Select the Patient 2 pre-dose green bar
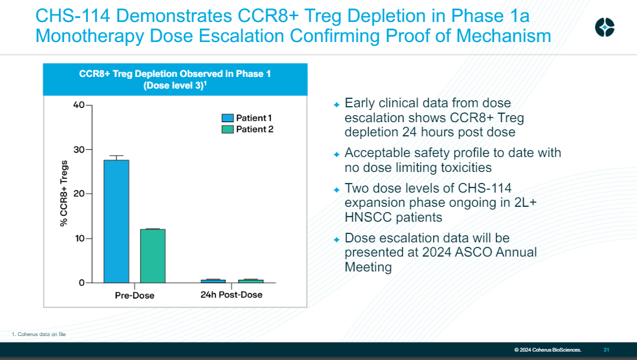coord(153,256)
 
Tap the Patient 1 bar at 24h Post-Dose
coord(213,281)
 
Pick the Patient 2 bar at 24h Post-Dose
coord(250,281)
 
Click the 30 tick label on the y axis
coord(78,150)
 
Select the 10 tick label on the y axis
coord(78,238)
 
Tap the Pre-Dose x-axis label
coord(135,295)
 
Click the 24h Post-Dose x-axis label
coord(232,295)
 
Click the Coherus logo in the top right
coord(605,27)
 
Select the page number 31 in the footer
coord(606,350)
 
